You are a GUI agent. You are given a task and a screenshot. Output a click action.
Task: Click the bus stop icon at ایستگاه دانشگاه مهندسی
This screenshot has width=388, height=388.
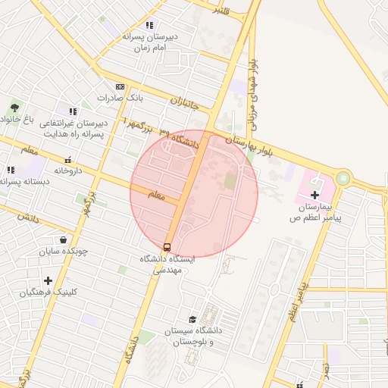(x=167, y=246)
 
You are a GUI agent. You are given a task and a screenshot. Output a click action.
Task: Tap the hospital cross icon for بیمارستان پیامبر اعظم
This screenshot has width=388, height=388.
(x=315, y=195)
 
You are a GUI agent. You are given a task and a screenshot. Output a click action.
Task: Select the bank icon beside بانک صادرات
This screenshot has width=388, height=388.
(x=120, y=87)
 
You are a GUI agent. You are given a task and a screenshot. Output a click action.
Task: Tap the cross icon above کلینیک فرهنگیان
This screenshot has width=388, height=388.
(x=48, y=280)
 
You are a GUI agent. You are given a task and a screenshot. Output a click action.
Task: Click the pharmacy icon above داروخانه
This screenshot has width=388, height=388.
(x=68, y=159)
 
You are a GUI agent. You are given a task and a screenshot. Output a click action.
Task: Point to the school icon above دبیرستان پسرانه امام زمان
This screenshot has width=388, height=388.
(x=149, y=25)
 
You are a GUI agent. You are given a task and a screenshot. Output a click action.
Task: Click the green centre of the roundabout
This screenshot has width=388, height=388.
(x=345, y=179)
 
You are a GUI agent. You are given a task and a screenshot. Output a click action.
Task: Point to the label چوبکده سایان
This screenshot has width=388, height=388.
(x=64, y=251)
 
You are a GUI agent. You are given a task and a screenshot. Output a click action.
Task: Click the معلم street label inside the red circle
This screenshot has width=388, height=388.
(x=155, y=195)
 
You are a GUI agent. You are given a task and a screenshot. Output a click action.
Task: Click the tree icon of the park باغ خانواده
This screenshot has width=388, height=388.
(x=14, y=108)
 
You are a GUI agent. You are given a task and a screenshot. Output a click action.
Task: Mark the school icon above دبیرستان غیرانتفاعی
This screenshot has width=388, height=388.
(x=72, y=111)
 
